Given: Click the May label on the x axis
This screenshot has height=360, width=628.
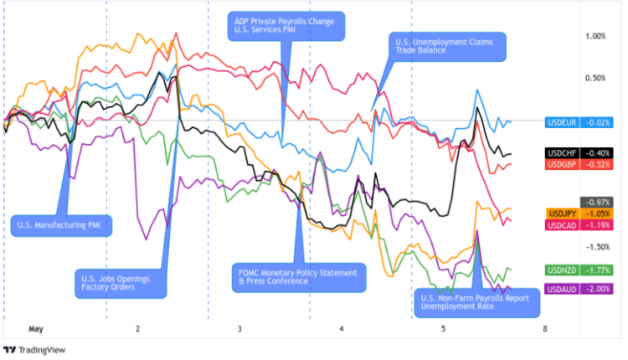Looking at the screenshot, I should click(35, 329).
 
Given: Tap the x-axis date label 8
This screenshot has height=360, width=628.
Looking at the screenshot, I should click(545, 329).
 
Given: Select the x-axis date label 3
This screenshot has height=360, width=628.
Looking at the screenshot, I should click(239, 329).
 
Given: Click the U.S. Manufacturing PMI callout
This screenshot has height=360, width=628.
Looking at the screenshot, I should click(63, 224).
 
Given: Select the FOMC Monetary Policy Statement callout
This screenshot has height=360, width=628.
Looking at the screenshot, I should click(298, 277).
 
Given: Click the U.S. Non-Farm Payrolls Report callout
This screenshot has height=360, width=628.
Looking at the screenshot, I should click(477, 302).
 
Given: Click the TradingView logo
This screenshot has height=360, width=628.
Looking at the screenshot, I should click(35, 349).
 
